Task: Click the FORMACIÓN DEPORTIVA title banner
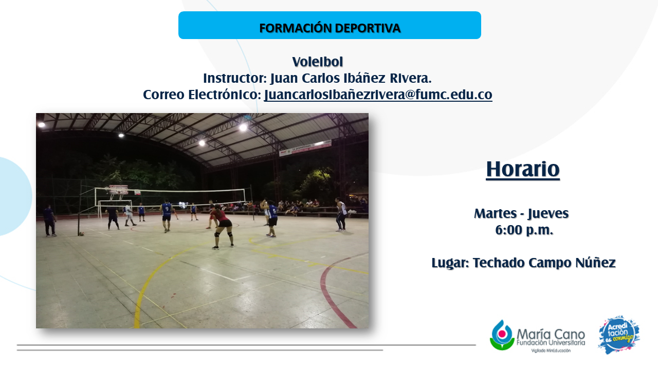coord(330,25)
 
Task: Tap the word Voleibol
coord(318,62)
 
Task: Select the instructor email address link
coord(378,95)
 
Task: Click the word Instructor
coord(234,79)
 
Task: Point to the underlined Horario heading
coord(523,170)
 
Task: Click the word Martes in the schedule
coord(496,213)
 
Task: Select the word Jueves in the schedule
coord(548,214)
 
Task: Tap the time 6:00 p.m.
coord(524,230)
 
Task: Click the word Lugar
coord(450,263)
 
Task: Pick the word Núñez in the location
coord(595,263)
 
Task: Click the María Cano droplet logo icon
coord(502,335)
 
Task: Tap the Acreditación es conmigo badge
coord(619,335)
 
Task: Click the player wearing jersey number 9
coord(167,216)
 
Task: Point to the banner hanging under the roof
coord(305,148)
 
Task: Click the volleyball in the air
coord(184,205)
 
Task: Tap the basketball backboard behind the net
coord(119,190)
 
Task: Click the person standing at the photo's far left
coord(49,220)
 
